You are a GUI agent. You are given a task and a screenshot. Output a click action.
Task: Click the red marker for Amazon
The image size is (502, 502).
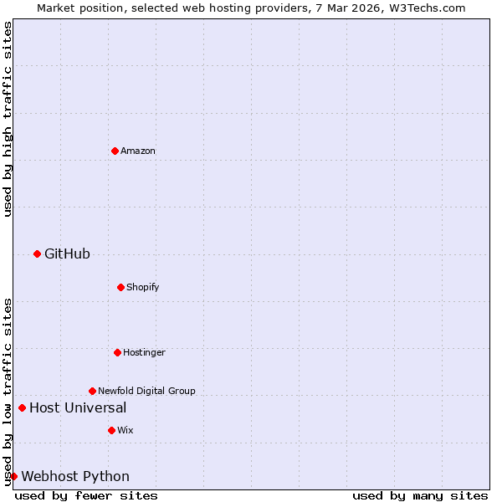point(115,151)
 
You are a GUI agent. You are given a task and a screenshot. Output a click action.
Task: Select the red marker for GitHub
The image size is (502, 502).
point(37,254)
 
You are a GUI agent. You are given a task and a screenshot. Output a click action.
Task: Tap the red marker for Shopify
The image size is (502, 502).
point(120,287)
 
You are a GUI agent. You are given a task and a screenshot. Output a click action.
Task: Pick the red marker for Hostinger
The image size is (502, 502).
point(117,352)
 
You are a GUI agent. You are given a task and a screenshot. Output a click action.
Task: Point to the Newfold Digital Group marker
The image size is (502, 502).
point(92,391)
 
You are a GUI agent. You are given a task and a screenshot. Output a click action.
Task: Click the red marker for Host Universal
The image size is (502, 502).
point(22,407)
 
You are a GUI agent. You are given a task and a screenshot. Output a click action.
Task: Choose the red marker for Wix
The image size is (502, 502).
point(111,430)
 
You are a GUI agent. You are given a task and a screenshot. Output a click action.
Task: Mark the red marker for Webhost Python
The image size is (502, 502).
point(13,476)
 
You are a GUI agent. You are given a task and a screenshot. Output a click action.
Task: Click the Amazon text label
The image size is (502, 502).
point(138,151)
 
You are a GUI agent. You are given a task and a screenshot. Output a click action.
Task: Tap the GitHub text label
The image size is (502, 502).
point(67,254)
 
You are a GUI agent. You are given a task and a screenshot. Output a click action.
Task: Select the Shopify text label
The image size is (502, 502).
point(143,288)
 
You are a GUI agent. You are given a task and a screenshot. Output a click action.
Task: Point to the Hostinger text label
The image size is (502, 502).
point(144,353)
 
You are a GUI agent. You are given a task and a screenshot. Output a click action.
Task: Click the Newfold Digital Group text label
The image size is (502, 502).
point(146,392)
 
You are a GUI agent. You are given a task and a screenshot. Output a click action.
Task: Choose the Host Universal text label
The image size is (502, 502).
point(78,408)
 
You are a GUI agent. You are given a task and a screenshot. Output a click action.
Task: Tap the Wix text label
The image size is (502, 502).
point(125,431)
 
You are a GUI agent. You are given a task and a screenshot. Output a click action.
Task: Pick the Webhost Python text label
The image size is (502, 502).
point(75,477)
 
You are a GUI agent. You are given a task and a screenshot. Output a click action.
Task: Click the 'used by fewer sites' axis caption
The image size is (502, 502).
point(86,495)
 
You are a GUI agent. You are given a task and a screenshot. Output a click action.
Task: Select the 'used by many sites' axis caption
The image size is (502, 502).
point(420,495)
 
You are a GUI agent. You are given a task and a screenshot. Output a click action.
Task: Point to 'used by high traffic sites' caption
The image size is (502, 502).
point(8,119)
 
